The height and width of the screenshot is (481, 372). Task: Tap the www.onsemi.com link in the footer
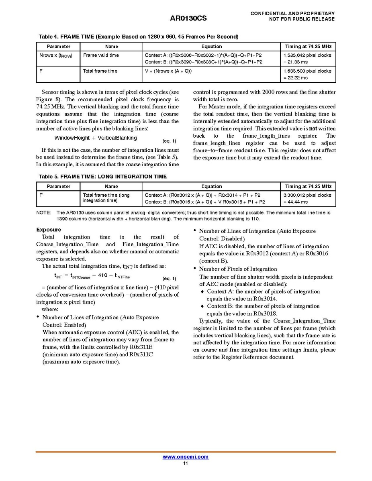(x=185, y=457)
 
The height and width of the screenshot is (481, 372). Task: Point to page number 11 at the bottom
(x=185, y=463)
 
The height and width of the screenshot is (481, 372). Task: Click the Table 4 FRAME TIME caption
(x=138, y=37)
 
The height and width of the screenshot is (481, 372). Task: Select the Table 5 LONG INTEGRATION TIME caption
(x=102, y=177)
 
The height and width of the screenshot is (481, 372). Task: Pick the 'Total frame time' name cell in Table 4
(x=100, y=71)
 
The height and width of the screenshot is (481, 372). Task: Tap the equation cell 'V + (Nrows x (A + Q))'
(x=168, y=71)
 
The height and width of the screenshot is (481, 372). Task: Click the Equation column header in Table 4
(x=211, y=47)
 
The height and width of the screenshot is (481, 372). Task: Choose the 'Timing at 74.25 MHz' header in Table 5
(x=308, y=186)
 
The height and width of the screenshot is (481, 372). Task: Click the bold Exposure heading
(x=49, y=230)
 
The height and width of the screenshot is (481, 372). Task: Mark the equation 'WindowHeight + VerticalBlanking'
(x=96, y=138)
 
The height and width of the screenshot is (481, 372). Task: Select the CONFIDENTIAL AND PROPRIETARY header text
(x=292, y=14)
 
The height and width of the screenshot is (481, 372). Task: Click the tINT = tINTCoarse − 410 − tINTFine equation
(x=92, y=276)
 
